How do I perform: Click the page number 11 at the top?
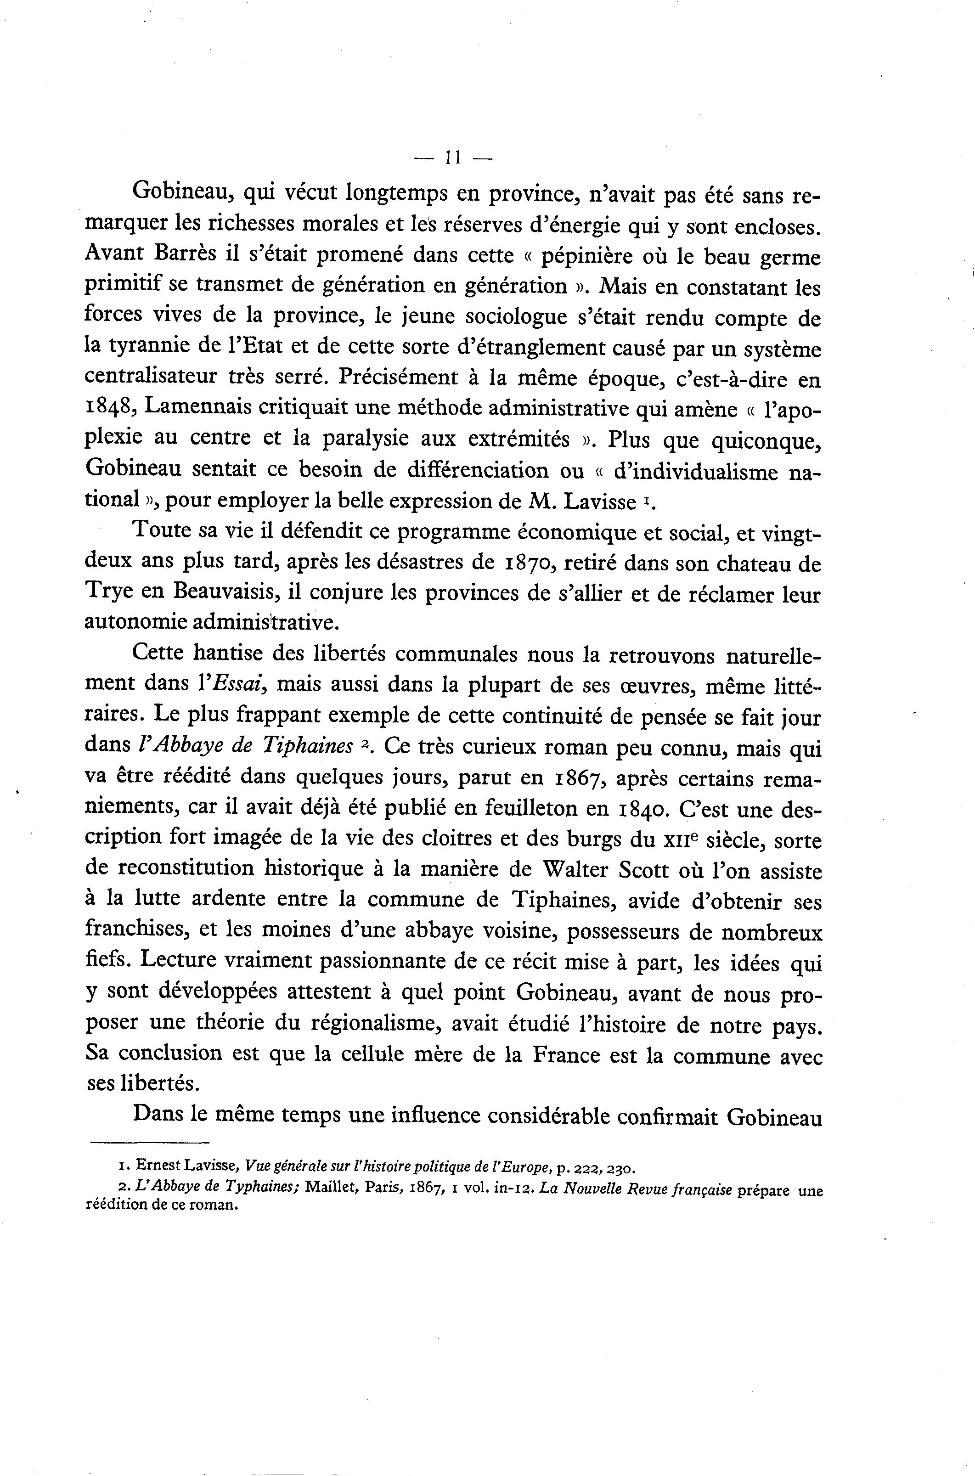click(452, 158)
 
